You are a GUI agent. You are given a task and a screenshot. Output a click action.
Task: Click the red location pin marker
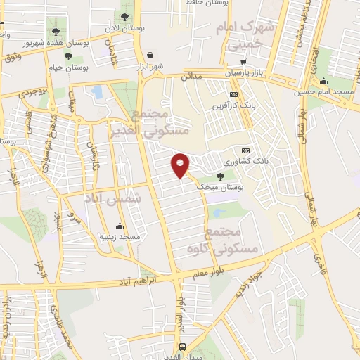(x=181, y=165)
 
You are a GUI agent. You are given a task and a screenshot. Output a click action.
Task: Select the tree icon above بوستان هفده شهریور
(x=56, y=31)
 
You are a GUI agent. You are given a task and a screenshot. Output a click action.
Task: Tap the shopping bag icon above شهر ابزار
(x=150, y=55)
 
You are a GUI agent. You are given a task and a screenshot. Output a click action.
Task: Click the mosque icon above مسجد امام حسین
(x=323, y=81)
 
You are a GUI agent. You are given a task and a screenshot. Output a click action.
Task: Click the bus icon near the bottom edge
(x=183, y=347)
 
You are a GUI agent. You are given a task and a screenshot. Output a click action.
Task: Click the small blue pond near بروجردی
(x=97, y=92)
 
